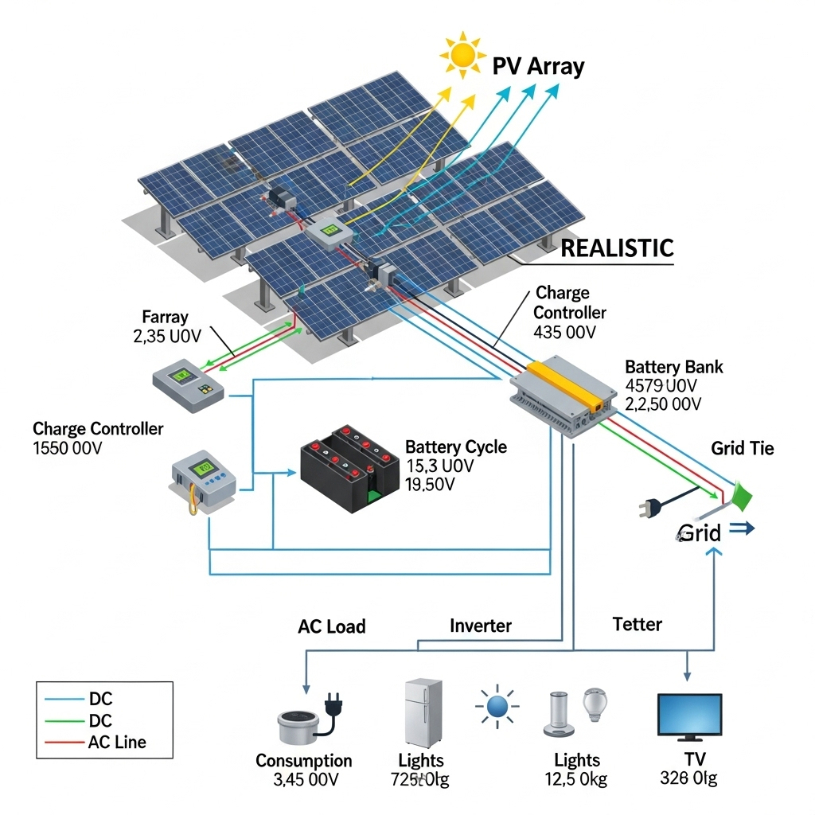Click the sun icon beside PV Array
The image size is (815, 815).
(x=461, y=55)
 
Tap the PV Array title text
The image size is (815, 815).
(x=538, y=66)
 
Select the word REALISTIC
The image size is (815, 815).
(x=617, y=248)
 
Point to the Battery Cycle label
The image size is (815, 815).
(x=456, y=446)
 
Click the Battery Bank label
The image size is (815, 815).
(x=674, y=367)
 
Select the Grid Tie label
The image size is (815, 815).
(x=742, y=448)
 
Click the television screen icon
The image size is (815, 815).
(x=689, y=715)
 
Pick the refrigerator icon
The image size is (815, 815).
(x=423, y=713)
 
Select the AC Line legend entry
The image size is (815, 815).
(x=118, y=743)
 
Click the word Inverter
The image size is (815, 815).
(x=481, y=626)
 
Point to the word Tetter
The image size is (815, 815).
(x=637, y=624)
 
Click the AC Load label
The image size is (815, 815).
(x=332, y=626)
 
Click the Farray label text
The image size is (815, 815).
(x=165, y=317)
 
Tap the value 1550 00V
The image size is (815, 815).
(x=68, y=448)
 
